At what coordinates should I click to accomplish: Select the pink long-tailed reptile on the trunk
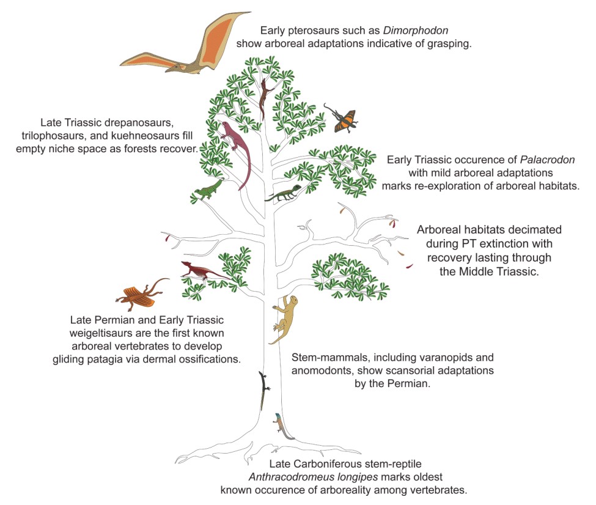pyautogui.click(x=236, y=150)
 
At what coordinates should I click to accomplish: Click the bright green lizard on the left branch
pyautogui.click(x=208, y=190)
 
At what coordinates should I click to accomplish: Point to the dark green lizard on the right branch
pyautogui.click(x=283, y=194)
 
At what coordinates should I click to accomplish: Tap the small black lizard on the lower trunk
pyautogui.click(x=263, y=389)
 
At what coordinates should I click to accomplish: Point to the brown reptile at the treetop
pyautogui.click(x=265, y=98)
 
